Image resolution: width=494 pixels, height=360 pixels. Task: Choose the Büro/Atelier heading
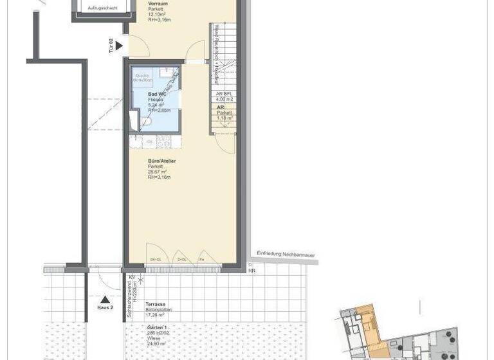coord(162,161)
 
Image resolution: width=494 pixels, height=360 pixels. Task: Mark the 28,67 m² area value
coord(158,172)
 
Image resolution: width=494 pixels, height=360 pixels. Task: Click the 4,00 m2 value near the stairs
coord(225,100)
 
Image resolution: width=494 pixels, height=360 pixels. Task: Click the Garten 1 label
coord(158,327)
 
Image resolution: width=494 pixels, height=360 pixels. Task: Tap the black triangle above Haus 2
coord(105,299)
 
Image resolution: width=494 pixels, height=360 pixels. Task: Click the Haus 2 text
coord(105,307)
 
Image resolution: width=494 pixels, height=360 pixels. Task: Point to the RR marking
coord(252,271)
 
